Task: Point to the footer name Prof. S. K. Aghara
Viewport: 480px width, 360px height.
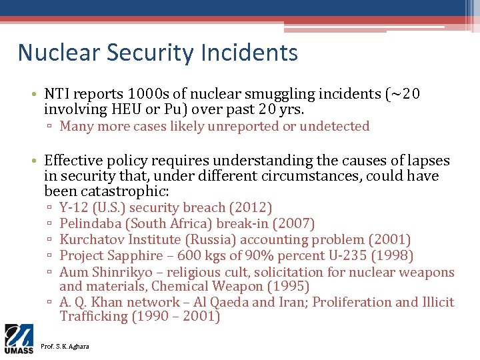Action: [x=64, y=346]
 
